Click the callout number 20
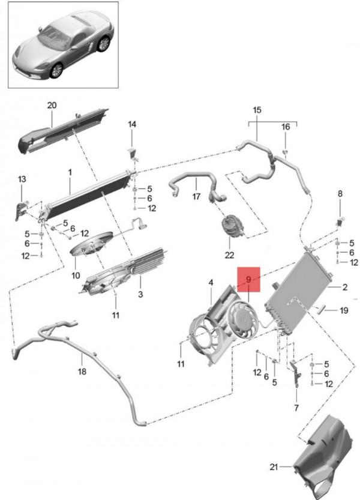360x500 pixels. coord(52,106)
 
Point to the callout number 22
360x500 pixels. coord(229,255)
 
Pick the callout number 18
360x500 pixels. coord(82,372)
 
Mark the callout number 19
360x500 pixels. coord(344,310)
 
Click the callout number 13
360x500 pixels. coord(22,179)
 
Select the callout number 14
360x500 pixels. coord(132,124)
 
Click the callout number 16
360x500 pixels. coord(286,127)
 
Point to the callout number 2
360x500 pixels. coord(345,288)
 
